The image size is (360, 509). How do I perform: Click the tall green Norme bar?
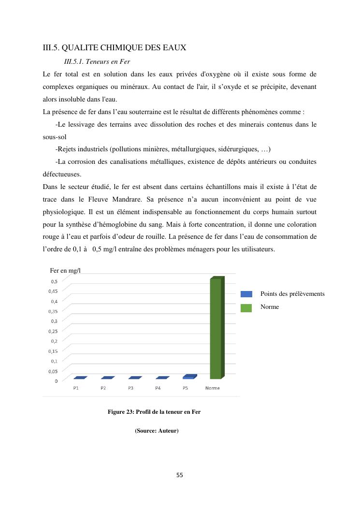(216, 329)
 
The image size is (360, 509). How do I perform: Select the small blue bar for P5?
(190, 377)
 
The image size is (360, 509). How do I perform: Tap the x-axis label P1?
(76, 388)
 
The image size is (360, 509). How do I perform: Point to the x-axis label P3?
(130, 388)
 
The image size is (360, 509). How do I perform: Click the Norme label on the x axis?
(212, 388)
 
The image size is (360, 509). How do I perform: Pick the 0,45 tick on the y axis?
(53, 291)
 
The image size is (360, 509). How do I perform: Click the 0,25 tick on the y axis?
(53, 331)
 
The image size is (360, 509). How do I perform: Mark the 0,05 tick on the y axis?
(53, 371)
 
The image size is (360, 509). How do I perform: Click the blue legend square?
(246, 294)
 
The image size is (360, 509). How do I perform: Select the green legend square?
(246, 307)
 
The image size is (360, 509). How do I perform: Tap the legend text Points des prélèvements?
(292, 294)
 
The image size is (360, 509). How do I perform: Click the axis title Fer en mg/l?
(65, 270)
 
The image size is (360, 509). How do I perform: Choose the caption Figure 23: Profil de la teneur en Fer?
(154, 412)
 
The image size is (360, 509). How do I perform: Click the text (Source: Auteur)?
(157, 430)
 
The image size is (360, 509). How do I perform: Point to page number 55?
(180, 475)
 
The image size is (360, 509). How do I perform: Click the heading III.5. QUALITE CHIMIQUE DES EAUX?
(115, 47)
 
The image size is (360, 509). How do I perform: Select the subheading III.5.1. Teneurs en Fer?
(97, 62)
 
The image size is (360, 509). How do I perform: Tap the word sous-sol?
(55, 137)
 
